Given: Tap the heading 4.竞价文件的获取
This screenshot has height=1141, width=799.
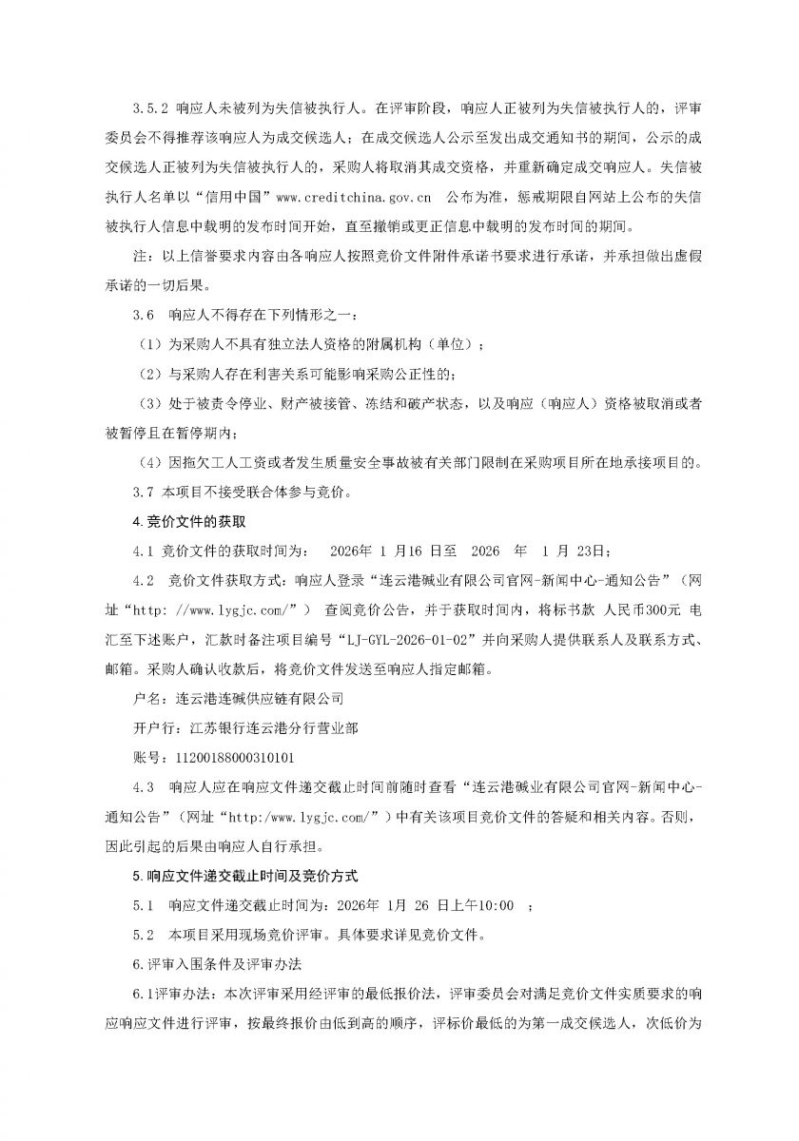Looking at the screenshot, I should pyautogui.click(x=185, y=521).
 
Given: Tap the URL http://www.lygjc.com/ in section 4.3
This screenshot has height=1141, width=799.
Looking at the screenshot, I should pyautogui.click(x=286, y=817).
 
